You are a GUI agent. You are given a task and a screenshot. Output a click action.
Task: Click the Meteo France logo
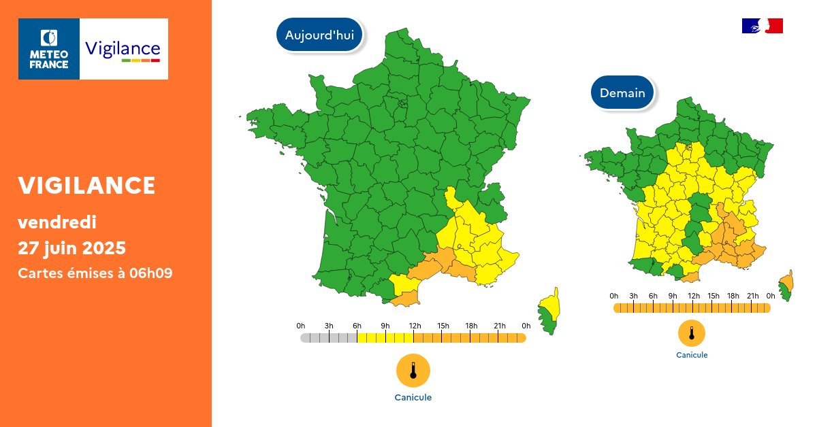point(49,49)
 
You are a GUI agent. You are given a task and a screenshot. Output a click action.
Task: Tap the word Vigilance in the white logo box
point(123,48)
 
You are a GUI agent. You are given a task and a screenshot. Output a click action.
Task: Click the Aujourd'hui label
point(319,35)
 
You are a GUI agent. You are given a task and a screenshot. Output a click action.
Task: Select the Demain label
point(622,93)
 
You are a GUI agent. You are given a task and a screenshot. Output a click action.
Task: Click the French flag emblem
point(762,26)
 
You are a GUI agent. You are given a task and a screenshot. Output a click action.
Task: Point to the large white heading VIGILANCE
point(87,185)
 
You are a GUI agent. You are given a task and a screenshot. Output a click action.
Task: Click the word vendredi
point(57,222)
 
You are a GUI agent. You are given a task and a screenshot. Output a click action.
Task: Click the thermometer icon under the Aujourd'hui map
point(413,371)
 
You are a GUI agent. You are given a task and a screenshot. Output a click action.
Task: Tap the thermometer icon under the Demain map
point(692,333)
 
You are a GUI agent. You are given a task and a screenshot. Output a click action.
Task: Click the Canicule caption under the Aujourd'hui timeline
point(413,398)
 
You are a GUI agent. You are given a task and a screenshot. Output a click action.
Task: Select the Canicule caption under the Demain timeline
point(692,355)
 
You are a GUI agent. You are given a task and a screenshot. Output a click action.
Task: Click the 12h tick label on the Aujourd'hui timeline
point(414,326)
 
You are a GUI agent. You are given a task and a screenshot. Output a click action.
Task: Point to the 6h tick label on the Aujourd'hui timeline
point(357,326)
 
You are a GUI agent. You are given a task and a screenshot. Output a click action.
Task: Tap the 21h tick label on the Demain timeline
point(752,296)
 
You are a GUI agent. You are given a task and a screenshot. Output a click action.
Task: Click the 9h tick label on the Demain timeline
point(673,296)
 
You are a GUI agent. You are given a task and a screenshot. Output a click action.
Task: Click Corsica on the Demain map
point(786,286)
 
